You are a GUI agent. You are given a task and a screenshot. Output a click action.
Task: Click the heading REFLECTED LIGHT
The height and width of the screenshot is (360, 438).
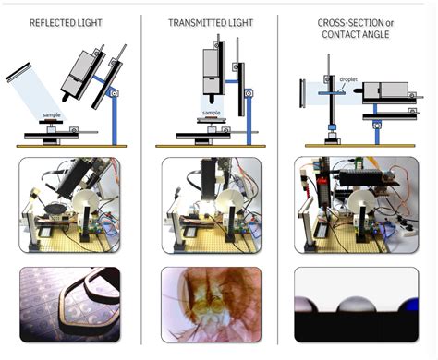click(66, 23)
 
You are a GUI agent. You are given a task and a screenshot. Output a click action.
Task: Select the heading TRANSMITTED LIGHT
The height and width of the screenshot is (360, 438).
click(211, 23)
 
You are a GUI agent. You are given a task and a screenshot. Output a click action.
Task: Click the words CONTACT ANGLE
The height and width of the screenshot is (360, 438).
click(356, 34)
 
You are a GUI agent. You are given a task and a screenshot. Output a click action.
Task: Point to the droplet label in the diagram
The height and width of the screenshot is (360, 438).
click(348, 79)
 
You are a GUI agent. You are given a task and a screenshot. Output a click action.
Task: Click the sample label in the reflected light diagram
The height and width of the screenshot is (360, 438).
click(52, 115)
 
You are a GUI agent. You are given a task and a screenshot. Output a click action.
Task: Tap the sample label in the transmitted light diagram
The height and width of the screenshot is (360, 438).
click(212, 113)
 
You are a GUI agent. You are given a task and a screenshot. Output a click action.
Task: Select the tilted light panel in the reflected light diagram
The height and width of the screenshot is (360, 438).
click(18, 72)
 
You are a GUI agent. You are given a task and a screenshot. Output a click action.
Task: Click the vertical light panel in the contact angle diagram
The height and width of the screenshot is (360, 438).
click(302, 93)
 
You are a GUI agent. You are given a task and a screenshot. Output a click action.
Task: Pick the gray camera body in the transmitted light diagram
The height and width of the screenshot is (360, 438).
click(211, 71)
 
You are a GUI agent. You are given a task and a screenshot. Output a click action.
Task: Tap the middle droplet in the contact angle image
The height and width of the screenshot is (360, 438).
click(357, 305)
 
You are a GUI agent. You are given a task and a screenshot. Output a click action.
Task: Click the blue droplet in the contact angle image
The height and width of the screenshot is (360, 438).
click(409, 305)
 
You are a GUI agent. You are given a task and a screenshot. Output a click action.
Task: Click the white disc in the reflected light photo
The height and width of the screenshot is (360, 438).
click(85, 201)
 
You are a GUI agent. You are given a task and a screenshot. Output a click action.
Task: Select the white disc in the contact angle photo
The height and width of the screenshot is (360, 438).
click(362, 202)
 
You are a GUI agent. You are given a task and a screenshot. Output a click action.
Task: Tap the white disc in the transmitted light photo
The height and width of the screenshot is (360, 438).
click(229, 201)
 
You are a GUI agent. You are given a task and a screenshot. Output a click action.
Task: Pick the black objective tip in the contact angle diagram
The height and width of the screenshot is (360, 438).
click(359, 90)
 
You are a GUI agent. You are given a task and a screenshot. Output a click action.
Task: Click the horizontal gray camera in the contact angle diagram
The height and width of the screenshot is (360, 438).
click(385, 90)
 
